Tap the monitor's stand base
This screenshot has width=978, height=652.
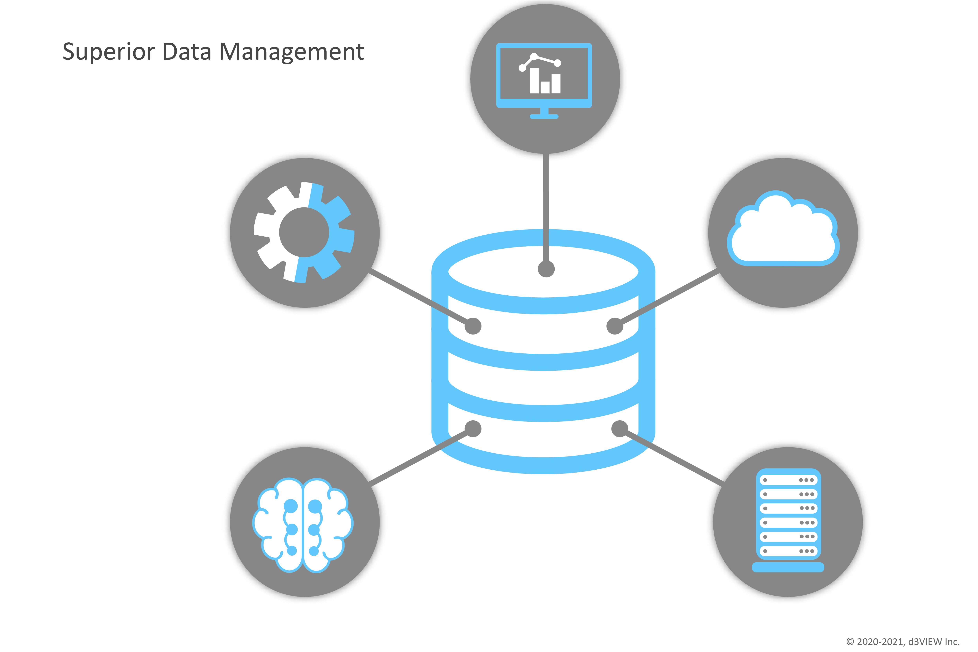(544, 117)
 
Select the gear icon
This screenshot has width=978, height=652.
(304, 233)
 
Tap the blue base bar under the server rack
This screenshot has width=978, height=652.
(788, 568)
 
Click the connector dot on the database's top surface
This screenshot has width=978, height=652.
(546, 269)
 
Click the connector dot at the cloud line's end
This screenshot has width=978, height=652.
(615, 326)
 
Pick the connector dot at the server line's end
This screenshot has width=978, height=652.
(620, 429)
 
